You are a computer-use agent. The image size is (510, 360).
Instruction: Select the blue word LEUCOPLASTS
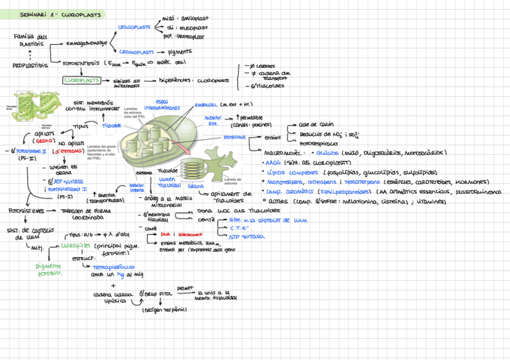pos(134,27)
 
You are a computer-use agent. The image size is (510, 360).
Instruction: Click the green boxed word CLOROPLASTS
pos(81,80)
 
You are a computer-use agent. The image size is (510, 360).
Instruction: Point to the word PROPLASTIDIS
pos(30,66)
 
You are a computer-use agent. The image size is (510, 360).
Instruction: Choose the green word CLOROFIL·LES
pos(76,245)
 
